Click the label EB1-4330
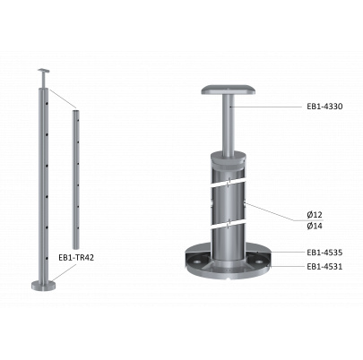click(324, 107)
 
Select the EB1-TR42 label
click(76, 258)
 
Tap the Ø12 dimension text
click(315, 214)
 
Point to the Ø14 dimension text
click(315, 226)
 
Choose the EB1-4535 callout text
click(324, 253)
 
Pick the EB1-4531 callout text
click(324, 266)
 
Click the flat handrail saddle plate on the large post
click(229, 90)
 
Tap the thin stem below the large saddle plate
click(229, 125)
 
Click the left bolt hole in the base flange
click(197, 261)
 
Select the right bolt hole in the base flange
click(260, 261)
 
